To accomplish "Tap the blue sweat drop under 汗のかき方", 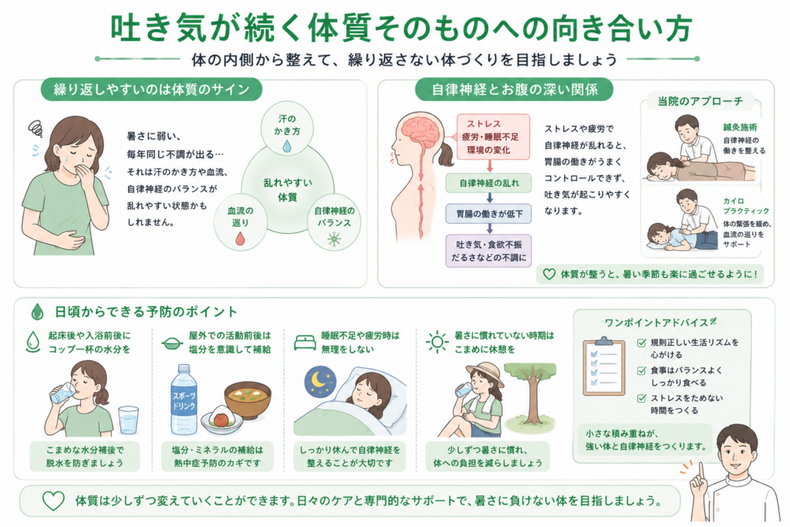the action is tap(287, 146).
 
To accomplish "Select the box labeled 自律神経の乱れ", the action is tap(488, 183).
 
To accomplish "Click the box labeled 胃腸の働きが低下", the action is tap(488, 214).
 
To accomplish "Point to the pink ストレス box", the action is tap(493, 137).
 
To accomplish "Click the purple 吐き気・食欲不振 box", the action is tap(488, 251).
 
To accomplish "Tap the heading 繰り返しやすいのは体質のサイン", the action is tap(152, 90).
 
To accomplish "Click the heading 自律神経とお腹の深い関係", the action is tap(514, 90).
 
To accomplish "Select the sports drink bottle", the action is tap(184, 400).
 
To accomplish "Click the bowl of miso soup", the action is tap(248, 400).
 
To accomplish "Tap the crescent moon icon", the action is tap(319, 380).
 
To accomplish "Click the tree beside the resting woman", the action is tap(529, 391).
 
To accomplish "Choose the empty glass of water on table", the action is tap(129, 420).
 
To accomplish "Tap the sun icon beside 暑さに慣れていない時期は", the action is tap(437, 343).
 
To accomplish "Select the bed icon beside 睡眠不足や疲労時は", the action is tap(305, 343).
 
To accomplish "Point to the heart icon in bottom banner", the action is tap(53, 501).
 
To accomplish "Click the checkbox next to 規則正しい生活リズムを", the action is tap(641, 343).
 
